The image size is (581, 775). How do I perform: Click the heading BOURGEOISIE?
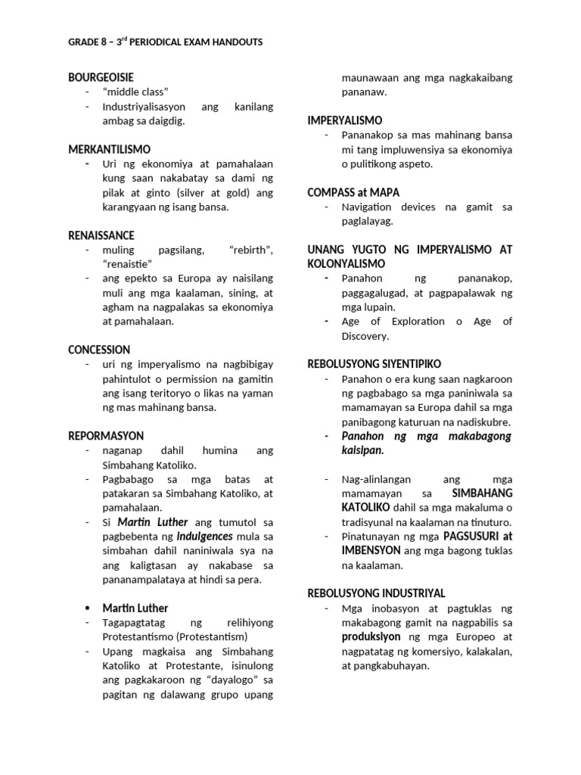pyautogui.click(x=101, y=78)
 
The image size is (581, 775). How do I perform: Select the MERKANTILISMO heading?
pyautogui.click(x=109, y=149)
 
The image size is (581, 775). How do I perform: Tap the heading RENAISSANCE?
pyautogui.click(x=101, y=235)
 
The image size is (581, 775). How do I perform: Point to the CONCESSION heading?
pyautogui.click(x=99, y=350)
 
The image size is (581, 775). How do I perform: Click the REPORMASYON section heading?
pyautogui.click(x=105, y=436)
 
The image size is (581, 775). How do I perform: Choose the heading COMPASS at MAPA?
pyautogui.click(x=353, y=192)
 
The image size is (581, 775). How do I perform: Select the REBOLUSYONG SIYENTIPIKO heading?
pyautogui.click(x=374, y=364)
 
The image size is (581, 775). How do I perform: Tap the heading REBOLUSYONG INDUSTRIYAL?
pyautogui.click(x=376, y=593)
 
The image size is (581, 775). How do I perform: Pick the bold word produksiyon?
pyautogui.click(x=369, y=636)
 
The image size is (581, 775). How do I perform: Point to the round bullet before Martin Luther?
pyautogui.click(x=89, y=608)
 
